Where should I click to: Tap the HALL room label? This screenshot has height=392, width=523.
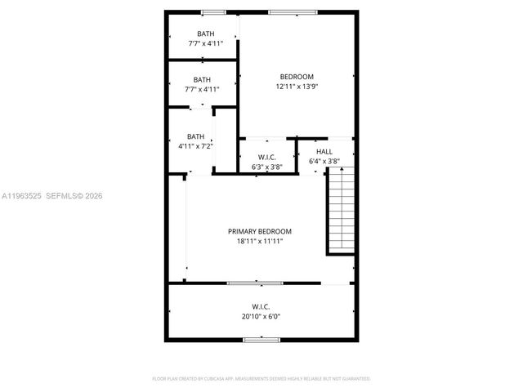click(324, 151)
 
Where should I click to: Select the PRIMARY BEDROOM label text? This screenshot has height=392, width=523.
click(259, 231)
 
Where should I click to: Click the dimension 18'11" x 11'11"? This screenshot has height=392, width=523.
click(259, 242)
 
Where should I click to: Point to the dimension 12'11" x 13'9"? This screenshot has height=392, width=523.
click(297, 87)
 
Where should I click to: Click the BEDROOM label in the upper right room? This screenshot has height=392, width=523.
click(297, 77)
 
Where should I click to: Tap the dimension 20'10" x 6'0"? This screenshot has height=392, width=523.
click(261, 316)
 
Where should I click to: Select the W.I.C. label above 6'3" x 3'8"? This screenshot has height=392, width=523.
click(266, 157)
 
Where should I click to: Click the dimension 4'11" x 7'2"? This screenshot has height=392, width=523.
click(195, 146)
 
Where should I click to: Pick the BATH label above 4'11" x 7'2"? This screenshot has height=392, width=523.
click(195, 136)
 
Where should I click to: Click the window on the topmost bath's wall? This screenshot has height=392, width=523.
click(214, 12)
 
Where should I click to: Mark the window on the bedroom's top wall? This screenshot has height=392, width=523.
click(284, 12)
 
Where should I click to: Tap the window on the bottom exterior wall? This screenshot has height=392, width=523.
click(261, 339)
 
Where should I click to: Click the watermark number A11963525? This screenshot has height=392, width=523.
click(20, 196)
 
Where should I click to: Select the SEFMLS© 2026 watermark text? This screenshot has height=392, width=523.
click(74, 196)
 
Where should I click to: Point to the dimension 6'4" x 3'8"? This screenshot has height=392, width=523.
click(324, 162)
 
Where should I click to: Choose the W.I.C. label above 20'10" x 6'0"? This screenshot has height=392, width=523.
click(261, 307)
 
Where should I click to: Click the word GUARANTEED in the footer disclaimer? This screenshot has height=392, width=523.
click(355, 379)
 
